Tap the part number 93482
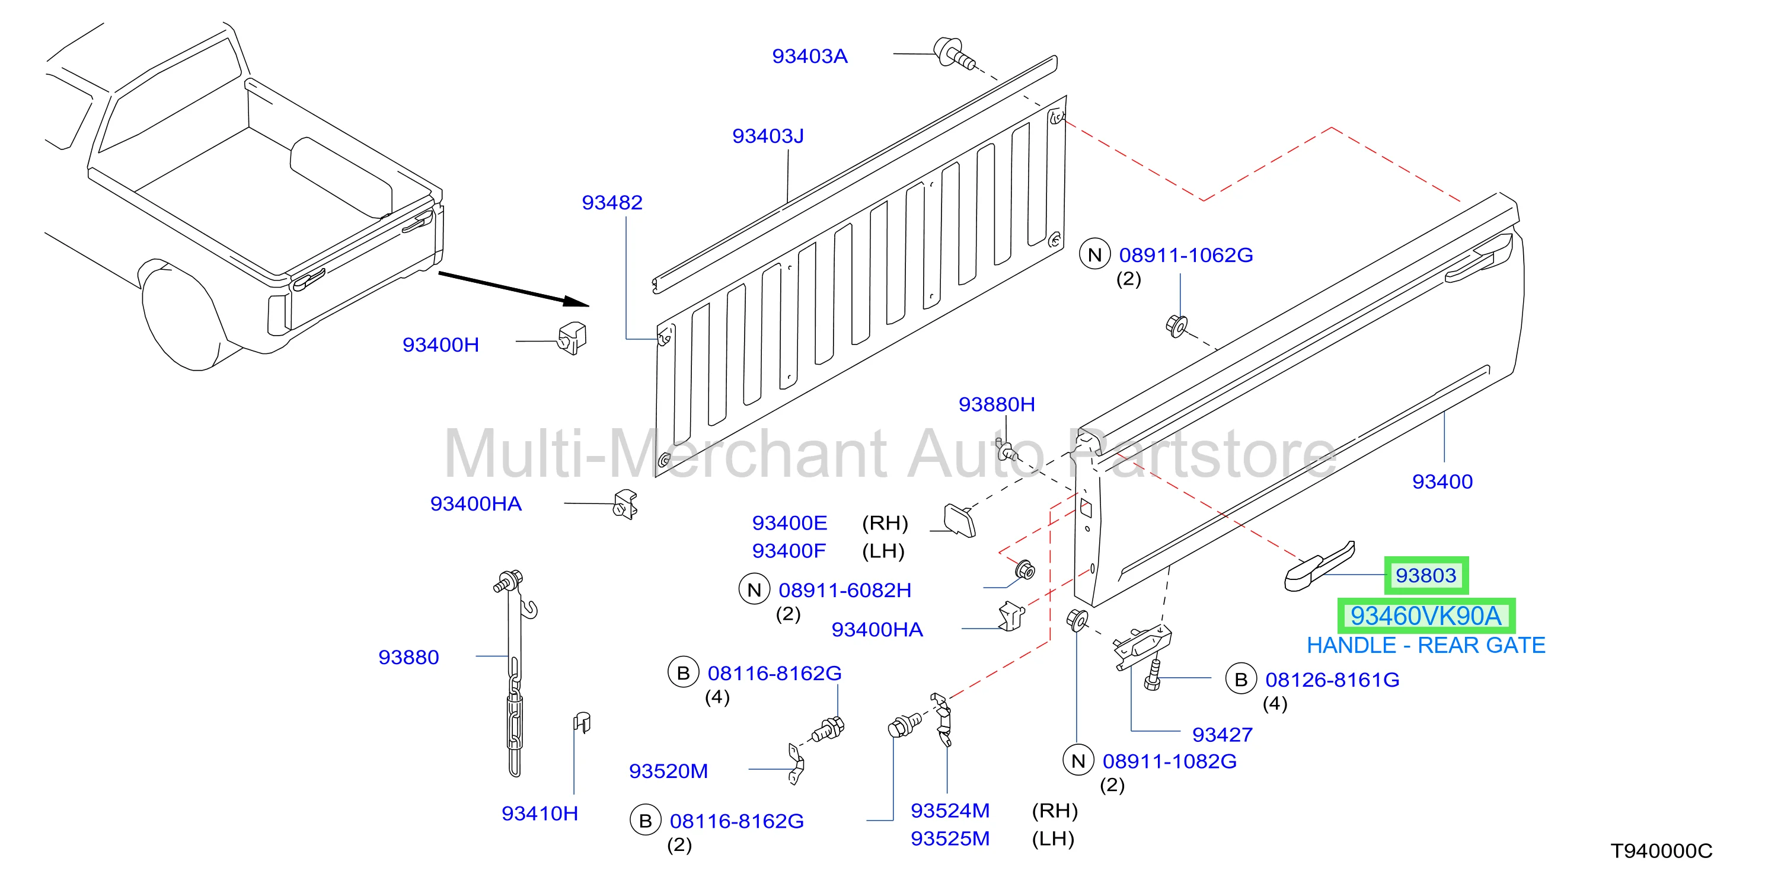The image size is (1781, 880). point(612,203)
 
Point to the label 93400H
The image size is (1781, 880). point(441,345)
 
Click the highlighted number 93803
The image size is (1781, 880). point(1426,575)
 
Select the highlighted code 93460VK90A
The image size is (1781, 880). point(1426,616)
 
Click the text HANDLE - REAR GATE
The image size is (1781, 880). point(1426,645)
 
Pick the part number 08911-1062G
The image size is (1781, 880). point(1186,255)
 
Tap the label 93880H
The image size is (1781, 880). point(996,404)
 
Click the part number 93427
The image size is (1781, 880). point(1222,734)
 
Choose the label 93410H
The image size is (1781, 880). point(540,814)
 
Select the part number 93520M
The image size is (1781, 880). point(668,771)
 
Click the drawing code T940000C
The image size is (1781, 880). point(1661,851)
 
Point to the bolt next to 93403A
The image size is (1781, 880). point(954,54)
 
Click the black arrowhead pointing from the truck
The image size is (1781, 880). point(576,301)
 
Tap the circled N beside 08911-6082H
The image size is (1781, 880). point(754,589)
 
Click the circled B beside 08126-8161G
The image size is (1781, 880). point(1241,680)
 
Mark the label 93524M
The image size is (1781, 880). point(950,810)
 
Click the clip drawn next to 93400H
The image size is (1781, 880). point(573,339)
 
